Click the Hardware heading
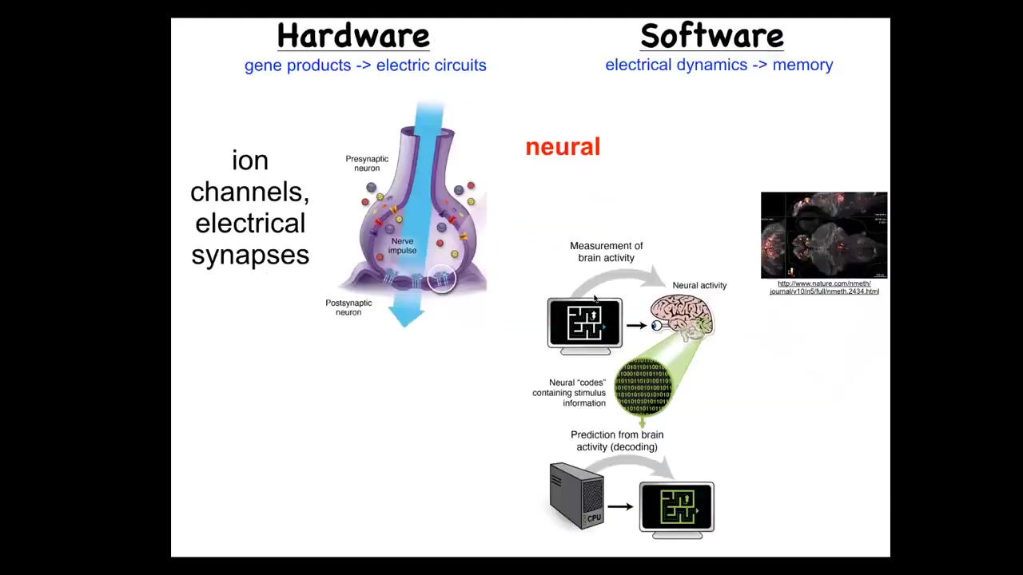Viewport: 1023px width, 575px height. point(353,36)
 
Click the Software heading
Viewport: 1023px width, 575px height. point(711,36)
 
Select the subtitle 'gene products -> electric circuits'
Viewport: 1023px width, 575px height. point(365,65)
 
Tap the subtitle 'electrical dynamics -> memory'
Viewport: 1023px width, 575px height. point(718,65)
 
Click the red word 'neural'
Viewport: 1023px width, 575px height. point(563,147)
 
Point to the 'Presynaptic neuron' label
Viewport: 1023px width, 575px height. point(367,163)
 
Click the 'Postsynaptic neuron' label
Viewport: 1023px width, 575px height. point(348,307)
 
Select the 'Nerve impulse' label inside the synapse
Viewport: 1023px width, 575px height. point(402,246)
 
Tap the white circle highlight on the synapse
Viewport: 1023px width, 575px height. point(441,279)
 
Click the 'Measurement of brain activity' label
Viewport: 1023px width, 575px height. point(606,252)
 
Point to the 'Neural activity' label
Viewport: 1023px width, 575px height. point(699,285)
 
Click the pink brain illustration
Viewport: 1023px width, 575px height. point(682,315)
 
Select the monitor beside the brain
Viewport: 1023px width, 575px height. point(584,324)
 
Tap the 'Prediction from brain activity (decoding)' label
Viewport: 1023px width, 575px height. point(617,441)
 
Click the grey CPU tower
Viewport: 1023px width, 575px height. point(576,496)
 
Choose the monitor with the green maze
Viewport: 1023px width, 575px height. point(676,508)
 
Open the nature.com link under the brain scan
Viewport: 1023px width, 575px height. point(824,287)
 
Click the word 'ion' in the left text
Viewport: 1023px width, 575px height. point(250,161)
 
